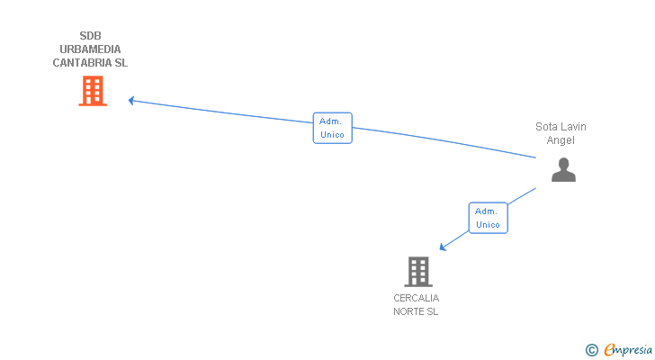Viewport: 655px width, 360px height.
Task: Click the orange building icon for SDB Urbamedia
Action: click(x=93, y=91)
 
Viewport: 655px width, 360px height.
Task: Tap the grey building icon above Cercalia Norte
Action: click(x=417, y=271)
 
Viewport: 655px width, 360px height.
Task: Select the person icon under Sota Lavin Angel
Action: click(x=563, y=169)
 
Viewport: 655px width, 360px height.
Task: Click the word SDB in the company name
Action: click(x=90, y=36)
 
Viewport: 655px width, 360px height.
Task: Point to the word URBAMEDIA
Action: click(x=90, y=49)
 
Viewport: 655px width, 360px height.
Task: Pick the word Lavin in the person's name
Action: click(x=574, y=127)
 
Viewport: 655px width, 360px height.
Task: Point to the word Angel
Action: click(x=561, y=140)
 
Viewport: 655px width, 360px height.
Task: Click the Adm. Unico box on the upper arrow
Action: click(x=332, y=128)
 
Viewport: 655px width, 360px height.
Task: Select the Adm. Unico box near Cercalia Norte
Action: click(x=488, y=218)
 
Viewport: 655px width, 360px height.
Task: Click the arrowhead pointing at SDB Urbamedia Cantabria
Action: click(x=131, y=100)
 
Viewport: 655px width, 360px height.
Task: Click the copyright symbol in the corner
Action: click(x=591, y=350)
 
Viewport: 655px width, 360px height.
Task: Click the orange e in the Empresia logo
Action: click(x=609, y=350)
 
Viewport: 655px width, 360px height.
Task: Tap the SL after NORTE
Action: click(x=432, y=311)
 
